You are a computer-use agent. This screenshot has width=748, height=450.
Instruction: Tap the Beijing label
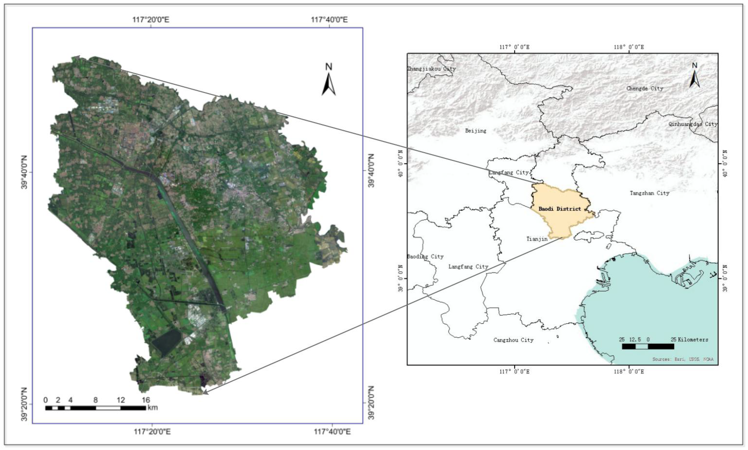tap(476, 131)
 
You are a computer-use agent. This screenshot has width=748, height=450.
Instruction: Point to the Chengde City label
tap(645, 88)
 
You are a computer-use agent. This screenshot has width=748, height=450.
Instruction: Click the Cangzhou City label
tap(513, 340)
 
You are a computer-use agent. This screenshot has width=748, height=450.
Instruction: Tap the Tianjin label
tap(537, 239)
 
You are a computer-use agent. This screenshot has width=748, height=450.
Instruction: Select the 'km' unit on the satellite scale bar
tap(153, 407)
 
